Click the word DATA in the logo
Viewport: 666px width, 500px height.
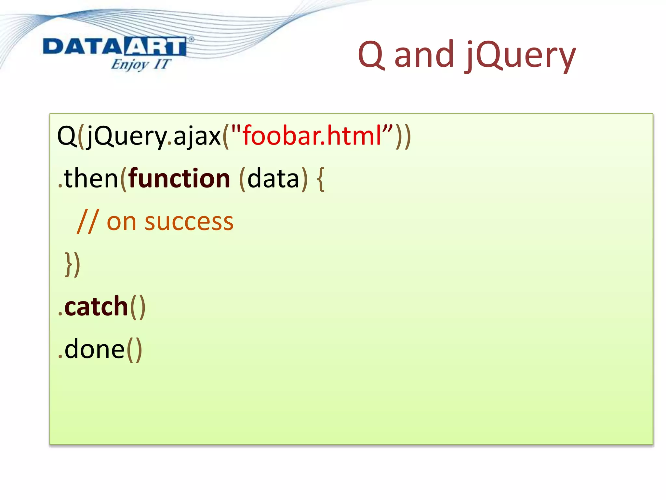[x=83, y=47]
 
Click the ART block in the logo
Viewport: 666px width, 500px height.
[x=155, y=47]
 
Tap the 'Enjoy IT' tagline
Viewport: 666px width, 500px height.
[x=140, y=64]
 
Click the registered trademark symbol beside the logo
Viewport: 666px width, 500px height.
[x=191, y=39]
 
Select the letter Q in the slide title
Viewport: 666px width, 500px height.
[x=371, y=55]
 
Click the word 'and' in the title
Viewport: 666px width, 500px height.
[x=424, y=55]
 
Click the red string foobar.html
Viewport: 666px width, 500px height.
[x=312, y=136]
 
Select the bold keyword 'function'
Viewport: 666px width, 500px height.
[x=179, y=178]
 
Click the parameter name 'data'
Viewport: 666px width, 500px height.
[x=273, y=179]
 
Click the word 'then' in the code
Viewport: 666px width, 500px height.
[x=91, y=178]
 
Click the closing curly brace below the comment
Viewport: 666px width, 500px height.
[x=69, y=264]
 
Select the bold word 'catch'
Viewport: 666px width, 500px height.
[x=96, y=307]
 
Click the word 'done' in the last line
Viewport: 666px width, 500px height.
[x=94, y=349]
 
